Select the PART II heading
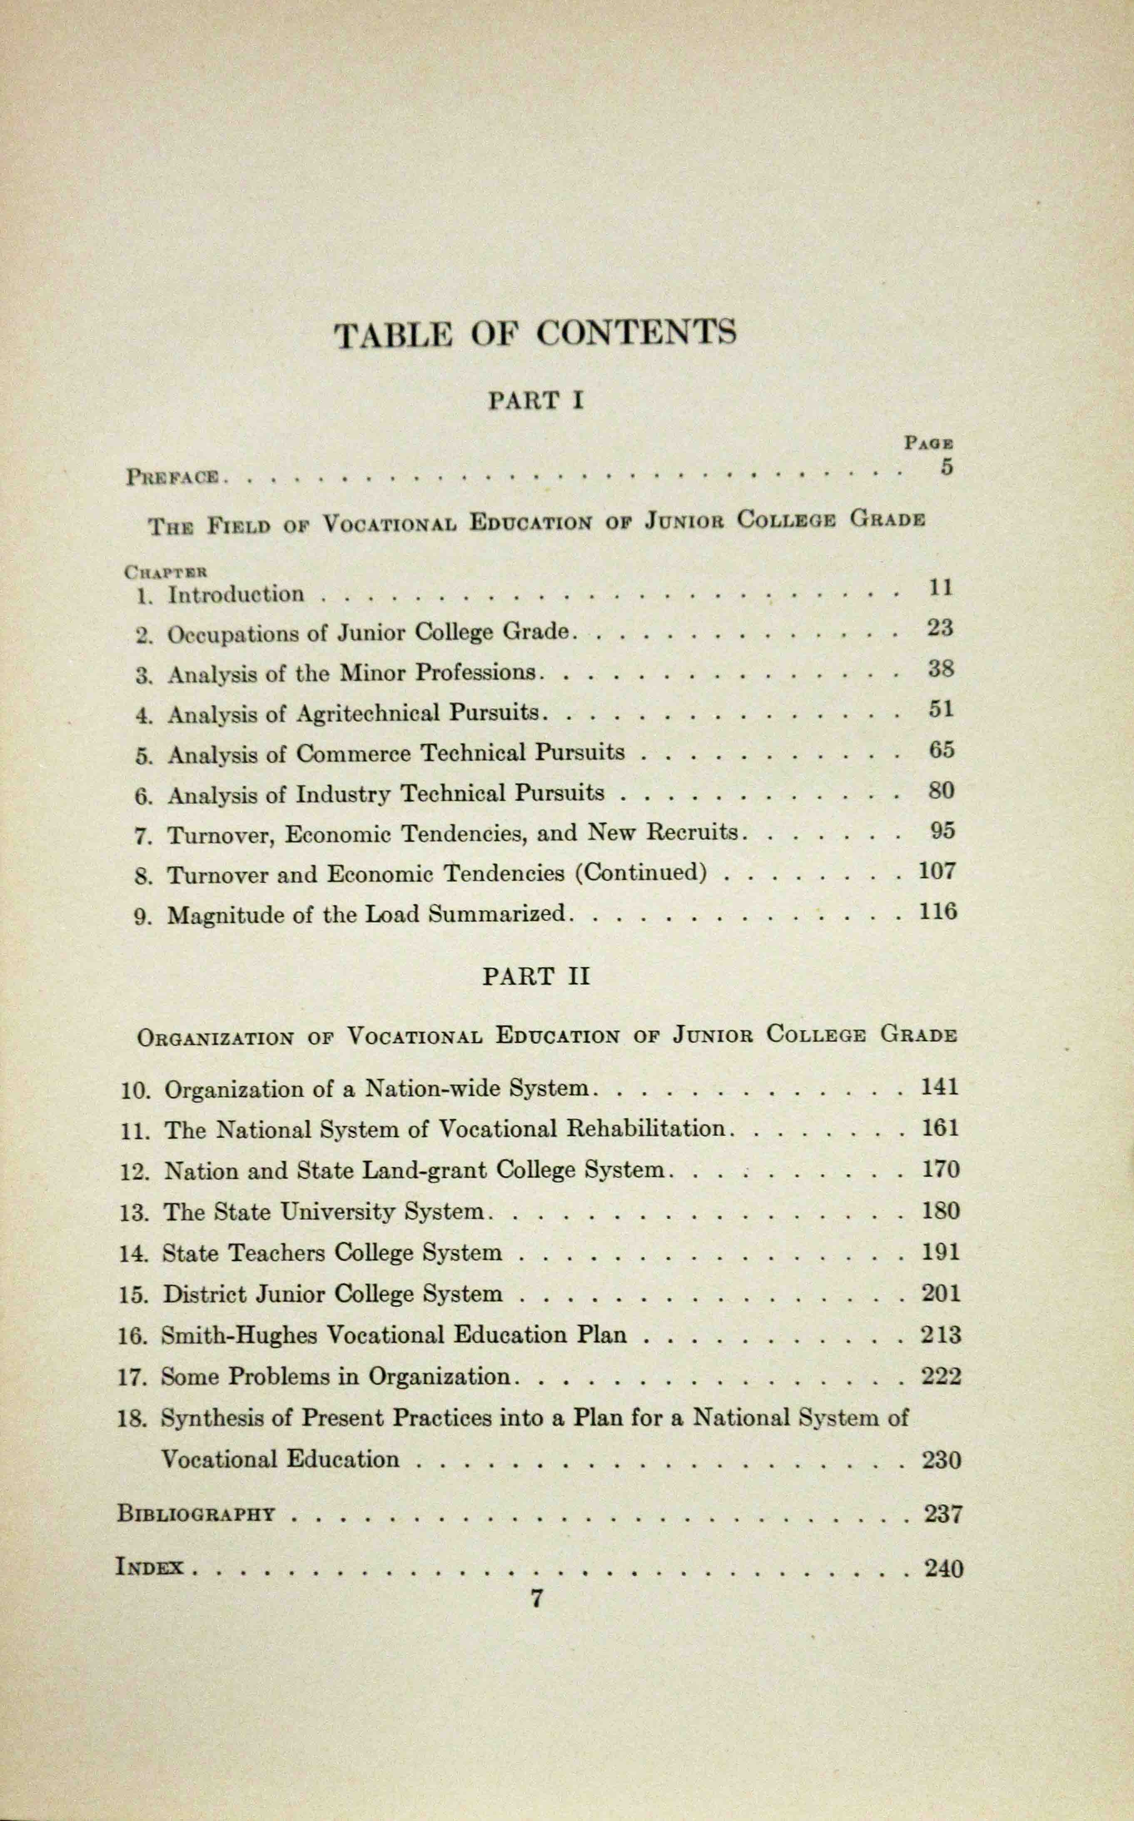click(535, 977)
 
